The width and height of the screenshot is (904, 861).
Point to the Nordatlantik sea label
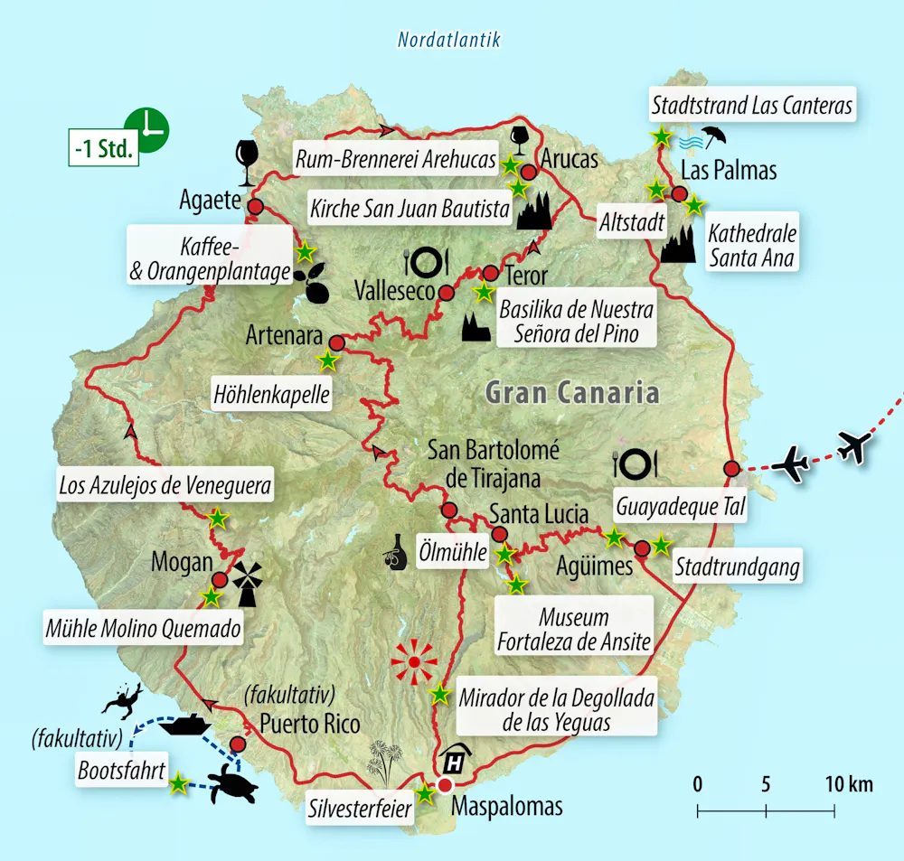(x=448, y=40)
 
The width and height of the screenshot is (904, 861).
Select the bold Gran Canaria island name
(x=571, y=392)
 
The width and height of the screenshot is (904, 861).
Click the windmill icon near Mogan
(x=248, y=583)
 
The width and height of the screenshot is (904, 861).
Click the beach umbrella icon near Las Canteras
(x=713, y=136)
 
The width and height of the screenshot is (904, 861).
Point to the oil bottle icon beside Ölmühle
(x=394, y=553)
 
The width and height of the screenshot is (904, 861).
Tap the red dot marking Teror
(x=490, y=273)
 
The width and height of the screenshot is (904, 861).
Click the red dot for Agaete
(x=255, y=207)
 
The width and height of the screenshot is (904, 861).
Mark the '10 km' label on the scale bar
(x=847, y=784)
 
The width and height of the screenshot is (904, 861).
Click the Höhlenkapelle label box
(x=271, y=395)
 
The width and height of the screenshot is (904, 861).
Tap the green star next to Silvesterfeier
(x=425, y=794)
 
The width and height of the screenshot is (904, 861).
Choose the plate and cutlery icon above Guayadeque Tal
(x=635, y=464)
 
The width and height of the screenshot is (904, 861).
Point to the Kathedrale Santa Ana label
(x=752, y=246)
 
